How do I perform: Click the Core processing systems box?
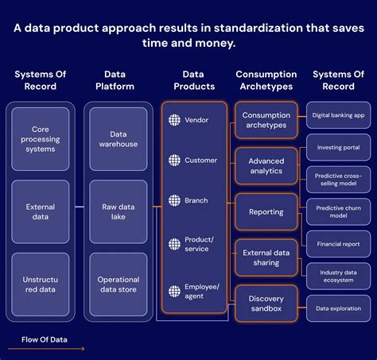tap(41, 139)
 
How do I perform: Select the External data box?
tap(41, 211)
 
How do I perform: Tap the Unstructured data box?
tap(41, 285)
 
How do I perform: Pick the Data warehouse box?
tap(119, 139)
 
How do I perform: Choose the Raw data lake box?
tap(119, 211)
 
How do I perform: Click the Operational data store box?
tap(119, 285)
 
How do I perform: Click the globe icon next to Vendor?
tap(174, 120)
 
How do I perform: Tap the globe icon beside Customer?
tap(174, 161)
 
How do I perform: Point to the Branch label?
tap(196, 200)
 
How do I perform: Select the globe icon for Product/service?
tap(174, 244)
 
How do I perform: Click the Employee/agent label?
tap(202, 291)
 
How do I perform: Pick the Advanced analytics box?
tap(266, 166)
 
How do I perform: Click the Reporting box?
tap(266, 212)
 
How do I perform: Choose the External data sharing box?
tap(266, 257)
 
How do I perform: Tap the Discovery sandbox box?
tap(266, 304)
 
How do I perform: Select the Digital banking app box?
tap(338, 115)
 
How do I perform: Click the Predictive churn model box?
tap(338, 212)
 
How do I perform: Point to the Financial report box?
tap(338, 244)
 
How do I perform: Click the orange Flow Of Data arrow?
tap(46, 349)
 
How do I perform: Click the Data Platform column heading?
tap(115, 80)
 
